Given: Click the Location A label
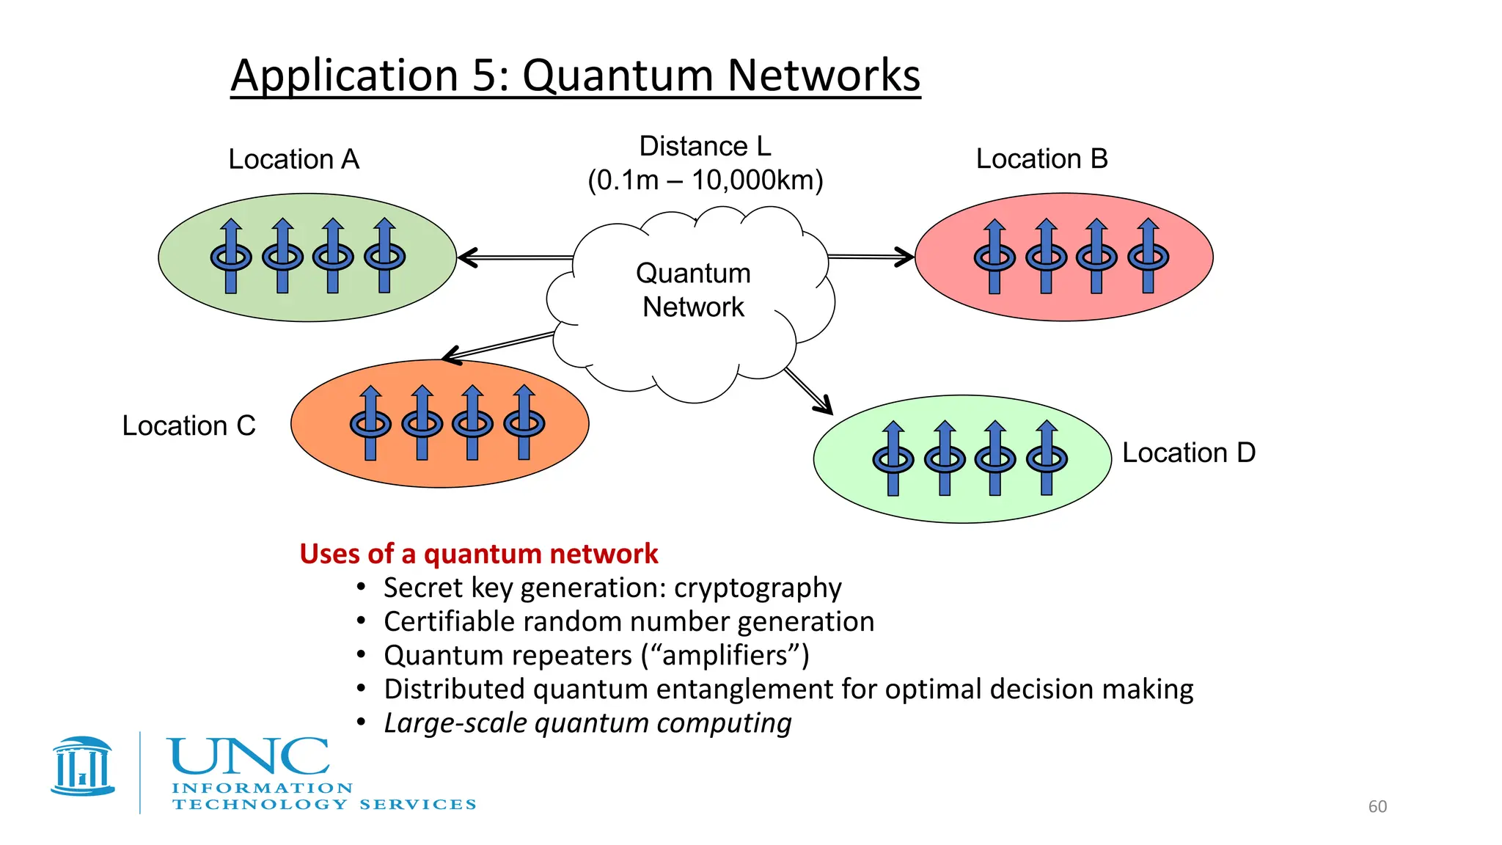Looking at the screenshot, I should [x=293, y=159].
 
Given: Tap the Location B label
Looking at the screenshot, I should [x=1041, y=158].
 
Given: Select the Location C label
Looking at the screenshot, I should [x=188, y=425].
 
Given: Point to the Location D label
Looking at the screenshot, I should [x=1188, y=453].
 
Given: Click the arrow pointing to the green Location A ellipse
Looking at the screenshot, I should [x=513, y=257].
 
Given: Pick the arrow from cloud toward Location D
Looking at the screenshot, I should [x=808, y=391].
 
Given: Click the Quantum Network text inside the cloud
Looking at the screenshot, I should [x=693, y=290].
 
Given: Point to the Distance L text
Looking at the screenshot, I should [x=705, y=147].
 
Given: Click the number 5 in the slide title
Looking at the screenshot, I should [x=485, y=76].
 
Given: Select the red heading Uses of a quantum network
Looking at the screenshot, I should [x=478, y=554].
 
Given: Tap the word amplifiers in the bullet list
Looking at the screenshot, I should [x=725, y=655].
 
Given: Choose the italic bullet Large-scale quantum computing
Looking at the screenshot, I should [x=587, y=723].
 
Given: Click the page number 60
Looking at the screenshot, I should [x=1377, y=806].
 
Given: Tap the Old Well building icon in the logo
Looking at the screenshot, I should [x=83, y=767].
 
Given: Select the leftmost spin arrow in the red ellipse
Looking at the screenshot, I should [x=994, y=256].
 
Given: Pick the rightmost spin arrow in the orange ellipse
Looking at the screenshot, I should [x=524, y=422].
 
